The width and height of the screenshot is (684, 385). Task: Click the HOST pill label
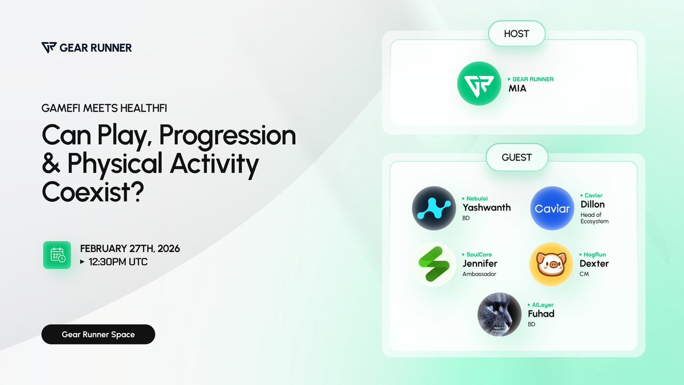516,34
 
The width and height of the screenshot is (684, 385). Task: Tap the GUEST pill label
516,157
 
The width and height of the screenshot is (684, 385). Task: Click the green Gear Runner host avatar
479,83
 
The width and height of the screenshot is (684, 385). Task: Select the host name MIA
518,88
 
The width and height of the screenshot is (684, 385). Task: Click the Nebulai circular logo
434,208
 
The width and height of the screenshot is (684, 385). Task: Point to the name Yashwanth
486,208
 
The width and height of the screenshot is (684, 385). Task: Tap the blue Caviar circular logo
552,208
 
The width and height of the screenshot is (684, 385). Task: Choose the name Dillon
592,204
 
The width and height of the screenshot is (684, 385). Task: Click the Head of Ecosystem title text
594,218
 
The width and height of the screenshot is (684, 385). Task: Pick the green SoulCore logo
434,264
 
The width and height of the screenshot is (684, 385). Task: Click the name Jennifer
480,264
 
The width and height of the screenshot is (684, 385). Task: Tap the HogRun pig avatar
551,264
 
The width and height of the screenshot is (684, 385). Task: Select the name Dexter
594,264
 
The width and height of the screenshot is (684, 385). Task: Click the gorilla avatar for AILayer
499,315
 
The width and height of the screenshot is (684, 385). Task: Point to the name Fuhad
541,314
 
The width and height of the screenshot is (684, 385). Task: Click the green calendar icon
57,255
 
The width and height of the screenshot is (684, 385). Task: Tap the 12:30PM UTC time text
118,262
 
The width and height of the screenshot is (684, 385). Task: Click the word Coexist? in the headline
93,192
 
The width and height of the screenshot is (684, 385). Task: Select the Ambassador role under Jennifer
479,274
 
